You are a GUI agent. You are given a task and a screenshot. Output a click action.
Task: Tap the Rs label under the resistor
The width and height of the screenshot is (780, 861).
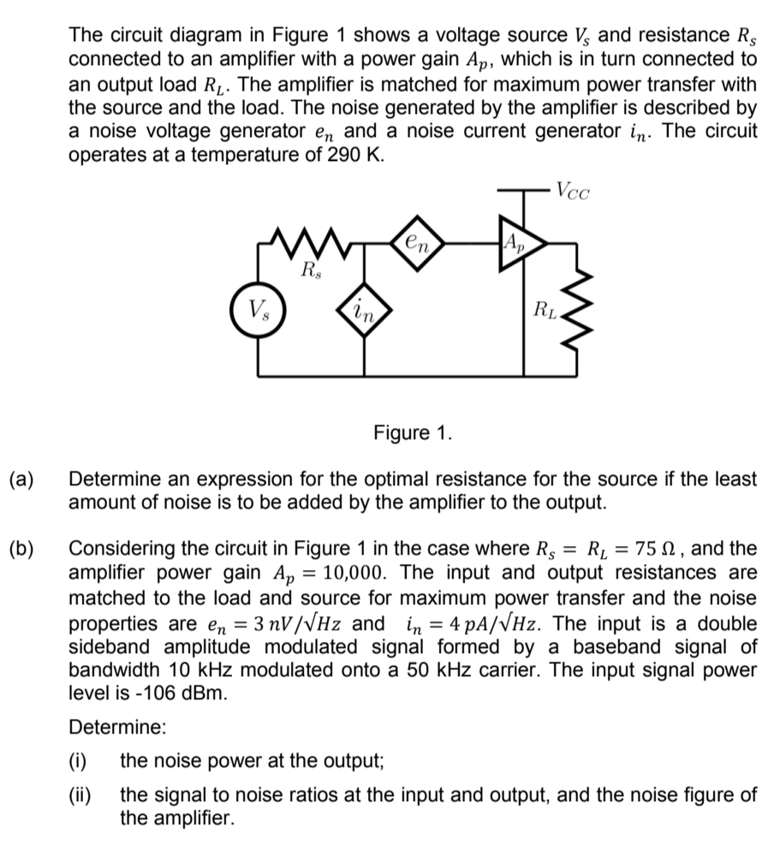tap(311, 272)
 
